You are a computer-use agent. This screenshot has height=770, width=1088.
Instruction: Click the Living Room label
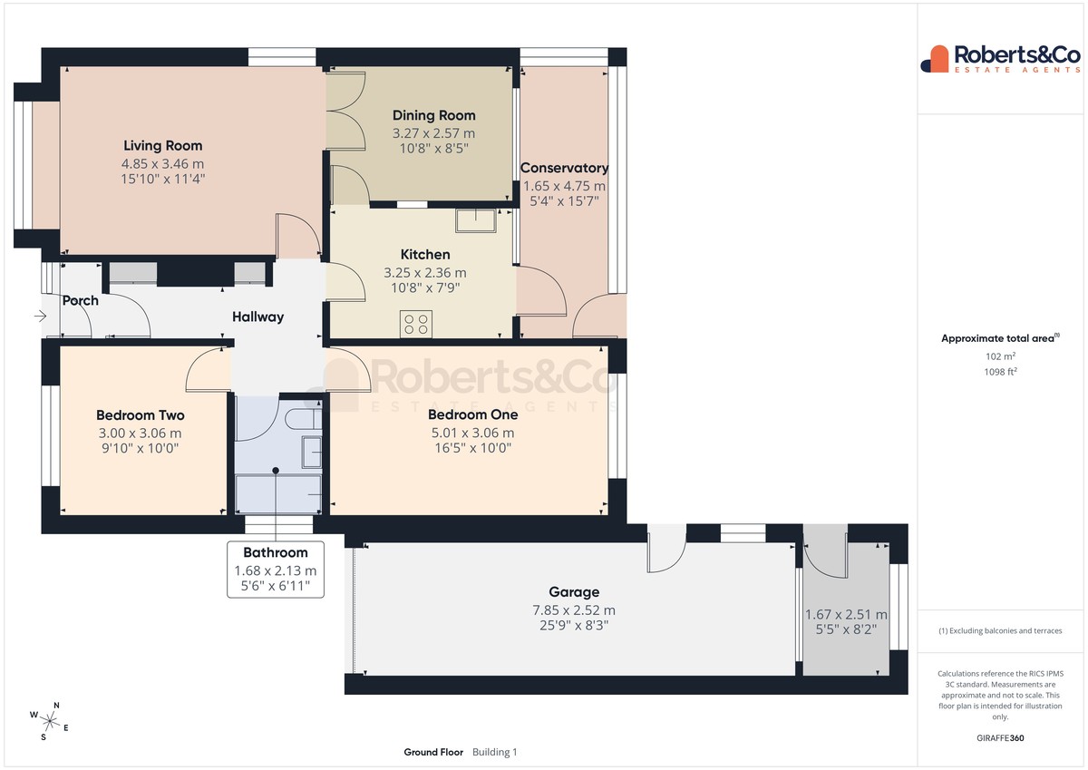pos(162,145)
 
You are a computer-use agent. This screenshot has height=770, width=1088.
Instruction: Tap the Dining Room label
pos(433,115)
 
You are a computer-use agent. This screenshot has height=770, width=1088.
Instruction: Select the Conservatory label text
pos(564,168)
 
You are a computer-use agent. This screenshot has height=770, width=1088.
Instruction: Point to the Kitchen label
pos(425,254)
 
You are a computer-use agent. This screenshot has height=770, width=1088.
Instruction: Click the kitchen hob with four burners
pos(416,324)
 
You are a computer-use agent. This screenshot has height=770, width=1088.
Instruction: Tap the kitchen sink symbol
pos(475,220)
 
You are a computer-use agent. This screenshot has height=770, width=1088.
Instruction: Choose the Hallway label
pos(257,317)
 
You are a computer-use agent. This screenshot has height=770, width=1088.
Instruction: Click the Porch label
pos(80,300)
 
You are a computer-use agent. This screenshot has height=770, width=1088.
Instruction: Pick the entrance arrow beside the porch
pos(40,317)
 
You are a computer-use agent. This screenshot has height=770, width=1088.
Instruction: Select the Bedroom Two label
pos(140,414)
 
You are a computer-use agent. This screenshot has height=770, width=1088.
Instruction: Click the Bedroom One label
pos(472,414)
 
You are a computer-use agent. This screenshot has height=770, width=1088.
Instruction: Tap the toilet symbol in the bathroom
pos(304,419)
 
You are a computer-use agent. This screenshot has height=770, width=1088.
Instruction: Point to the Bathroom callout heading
pos(276,552)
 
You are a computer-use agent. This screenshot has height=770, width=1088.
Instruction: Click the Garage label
pos(574,591)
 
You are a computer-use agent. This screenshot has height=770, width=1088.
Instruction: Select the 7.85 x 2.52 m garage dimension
pos(574,609)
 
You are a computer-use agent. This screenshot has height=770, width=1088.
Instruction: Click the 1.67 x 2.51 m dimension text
pos(846,615)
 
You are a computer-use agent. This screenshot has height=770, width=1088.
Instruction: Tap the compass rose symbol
pos(49,721)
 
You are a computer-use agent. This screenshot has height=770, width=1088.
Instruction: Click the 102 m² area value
pos(1000,356)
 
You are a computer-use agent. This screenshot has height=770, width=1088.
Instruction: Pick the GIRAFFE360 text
pos(1000,738)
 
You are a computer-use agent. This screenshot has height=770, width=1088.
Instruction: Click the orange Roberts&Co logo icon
pos(935,59)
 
